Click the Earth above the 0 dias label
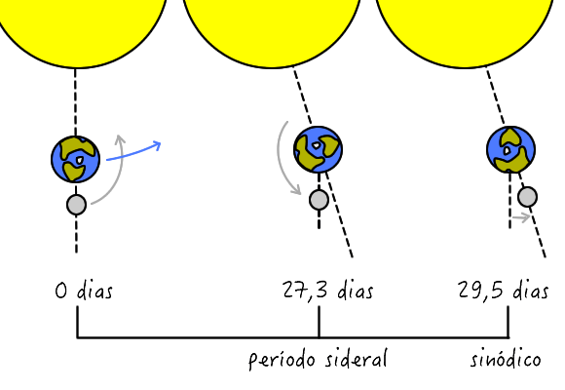click(x=75, y=159)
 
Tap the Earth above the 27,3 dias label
click(x=319, y=149)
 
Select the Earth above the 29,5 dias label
click(x=511, y=149)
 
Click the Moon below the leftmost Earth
click(x=76, y=205)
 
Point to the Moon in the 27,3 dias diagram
click(x=319, y=200)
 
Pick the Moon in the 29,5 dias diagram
click(x=528, y=197)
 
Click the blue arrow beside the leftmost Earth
click(x=134, y=152)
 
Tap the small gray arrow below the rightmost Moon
click(x=521, y=217)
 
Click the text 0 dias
click(x=84, y=291)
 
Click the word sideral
click(x=356, y=359)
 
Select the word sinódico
click(x=506, y=359)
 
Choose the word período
click(x=282, y=360)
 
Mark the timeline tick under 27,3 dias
click(x=319, y=322)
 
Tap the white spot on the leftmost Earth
click(x=79, y=159)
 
